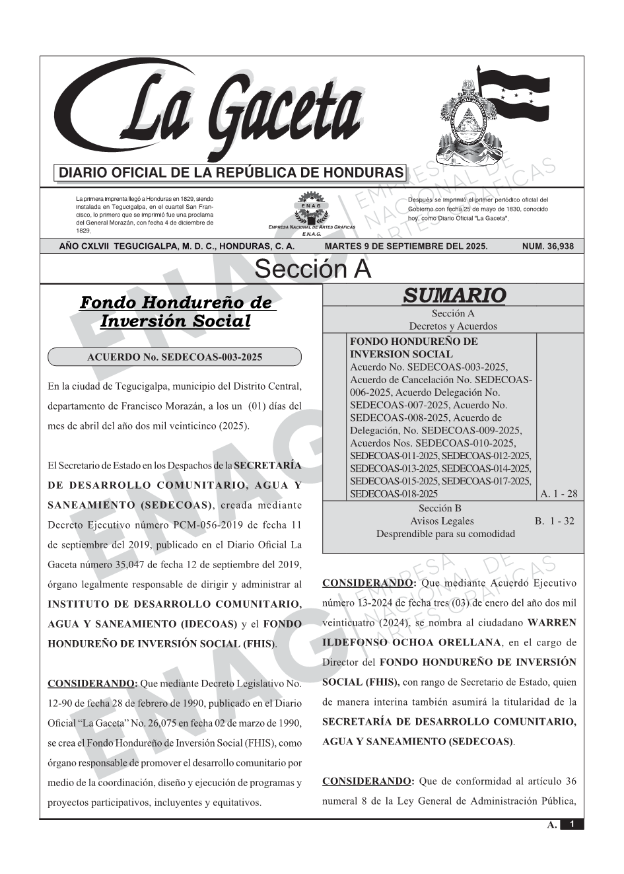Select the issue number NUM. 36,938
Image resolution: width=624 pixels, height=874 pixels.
click(x=547, y=246)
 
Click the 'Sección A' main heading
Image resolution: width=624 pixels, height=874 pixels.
click(x=312, y=270)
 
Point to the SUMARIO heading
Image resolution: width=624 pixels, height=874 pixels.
click(x=454, y=295)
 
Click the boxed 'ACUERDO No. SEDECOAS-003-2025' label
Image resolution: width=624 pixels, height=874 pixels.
click(x=174, y=357)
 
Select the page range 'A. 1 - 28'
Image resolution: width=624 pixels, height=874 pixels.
click(x=559, y=493)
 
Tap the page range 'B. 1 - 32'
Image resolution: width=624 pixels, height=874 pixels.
click(x=555, y=521)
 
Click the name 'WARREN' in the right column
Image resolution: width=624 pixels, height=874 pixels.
click(x=552, y=622)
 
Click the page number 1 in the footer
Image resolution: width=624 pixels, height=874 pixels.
click(x=572, y=824)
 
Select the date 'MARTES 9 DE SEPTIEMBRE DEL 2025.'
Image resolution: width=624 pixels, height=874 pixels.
click(x=406, y=246)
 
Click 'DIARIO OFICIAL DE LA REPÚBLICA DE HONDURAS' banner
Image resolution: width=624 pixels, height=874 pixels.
click(x=231, y=173)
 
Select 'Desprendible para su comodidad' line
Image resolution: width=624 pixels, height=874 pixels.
click(x=445, y=533)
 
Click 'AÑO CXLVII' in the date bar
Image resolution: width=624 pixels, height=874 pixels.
click(x=85, y=246)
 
